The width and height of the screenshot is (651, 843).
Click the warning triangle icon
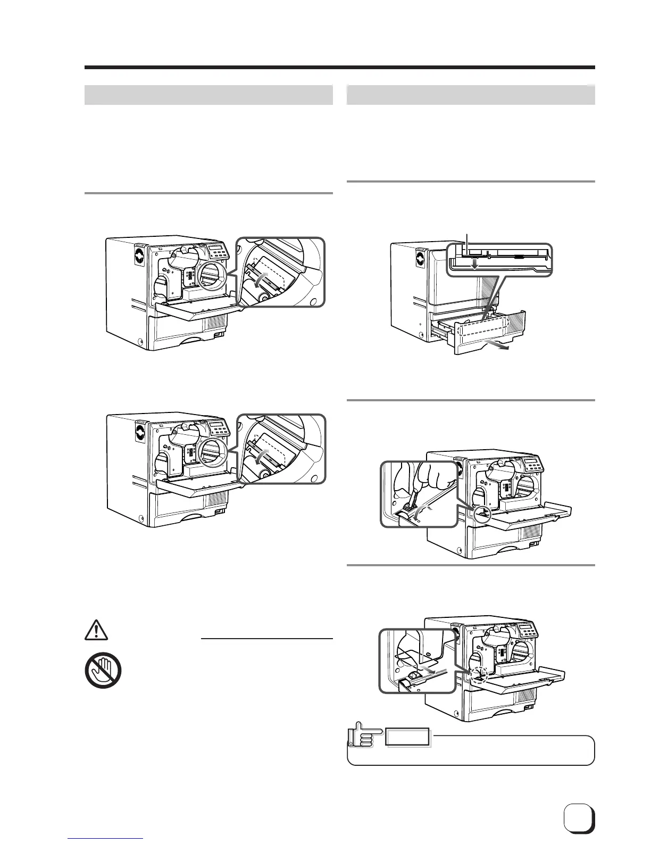click(x=96, y=631)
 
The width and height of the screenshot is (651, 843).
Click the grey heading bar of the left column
click(x=208, y=95)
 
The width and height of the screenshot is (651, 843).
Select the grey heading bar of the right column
click(x=470, y=95)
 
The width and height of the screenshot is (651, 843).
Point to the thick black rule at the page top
click(x=339, y=68)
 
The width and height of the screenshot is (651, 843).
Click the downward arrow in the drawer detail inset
click(x=476, y=265)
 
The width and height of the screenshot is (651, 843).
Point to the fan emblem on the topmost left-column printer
click(x=140, y=254)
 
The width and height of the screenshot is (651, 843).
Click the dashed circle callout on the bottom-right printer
click(x=478, y=674)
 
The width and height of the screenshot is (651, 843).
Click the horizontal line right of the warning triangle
click(x=266, y=638)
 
